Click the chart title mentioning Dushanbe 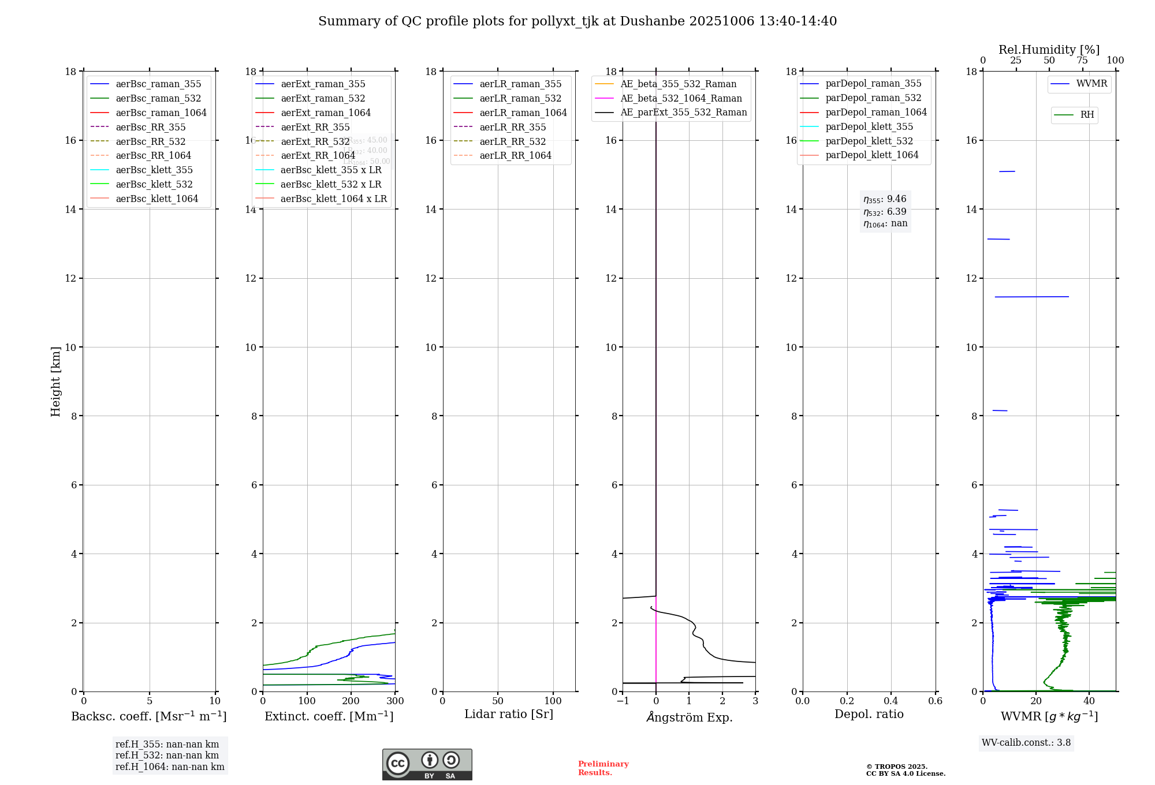(577, 21)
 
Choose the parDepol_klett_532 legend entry (869, 141)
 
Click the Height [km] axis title (55, 381)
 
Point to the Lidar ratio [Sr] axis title (509, 714)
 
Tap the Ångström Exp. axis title (689, 717)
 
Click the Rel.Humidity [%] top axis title (1049, 50)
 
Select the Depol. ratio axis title (869, 714)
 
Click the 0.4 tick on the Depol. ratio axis (891, 701)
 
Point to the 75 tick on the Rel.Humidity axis (1082, 61)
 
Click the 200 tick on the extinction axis (351, 701)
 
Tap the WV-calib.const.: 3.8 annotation (1026, 743)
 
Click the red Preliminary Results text (603, 768)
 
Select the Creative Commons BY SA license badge (427, 764)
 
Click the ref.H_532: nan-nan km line (167, 756)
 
